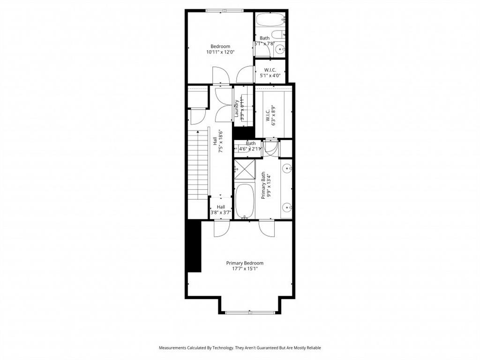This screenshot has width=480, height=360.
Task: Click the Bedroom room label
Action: tap(220, 46)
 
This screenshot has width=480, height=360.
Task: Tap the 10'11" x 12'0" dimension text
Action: tap(220, 52)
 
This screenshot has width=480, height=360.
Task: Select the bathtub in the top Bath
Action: tap(270, 20)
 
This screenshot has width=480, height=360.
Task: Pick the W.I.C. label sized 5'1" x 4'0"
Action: tap(270, 72)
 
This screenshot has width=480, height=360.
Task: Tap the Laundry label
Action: tap(237, 109)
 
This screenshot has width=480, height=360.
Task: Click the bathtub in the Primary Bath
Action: tap(244, 201)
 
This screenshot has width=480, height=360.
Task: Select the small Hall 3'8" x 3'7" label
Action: tap(221, 210)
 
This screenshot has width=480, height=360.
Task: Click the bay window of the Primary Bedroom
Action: tap(249, 312)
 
